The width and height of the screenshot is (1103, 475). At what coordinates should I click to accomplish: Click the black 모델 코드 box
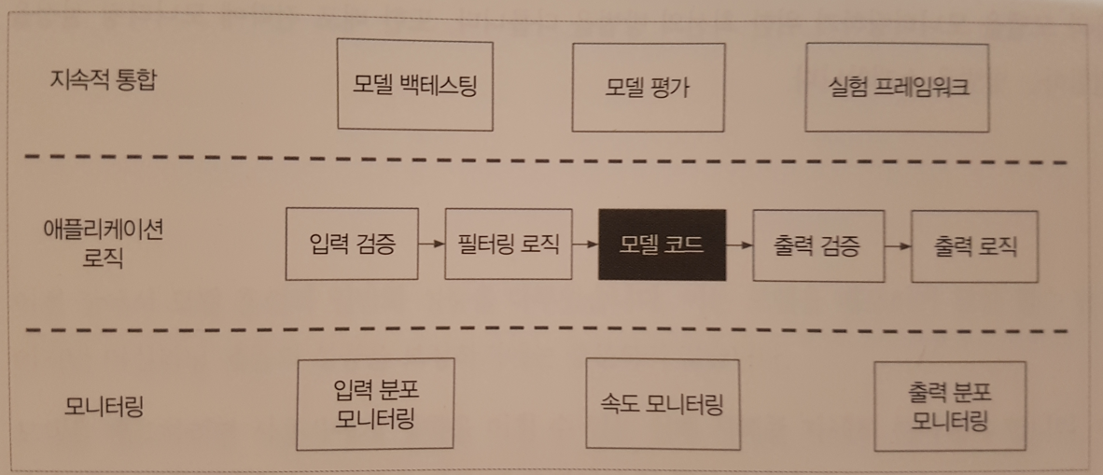(x=661, y=245)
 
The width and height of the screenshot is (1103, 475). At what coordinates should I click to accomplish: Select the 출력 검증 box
(x=817, y=245)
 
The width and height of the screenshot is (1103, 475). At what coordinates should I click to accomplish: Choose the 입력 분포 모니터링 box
(x=375, y=402)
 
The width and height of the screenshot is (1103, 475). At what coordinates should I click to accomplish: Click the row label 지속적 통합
(x=104, y=80)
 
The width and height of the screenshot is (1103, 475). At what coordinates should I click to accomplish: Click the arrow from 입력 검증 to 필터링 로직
(x=430, y=245)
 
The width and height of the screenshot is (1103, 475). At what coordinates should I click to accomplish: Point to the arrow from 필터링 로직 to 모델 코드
(x=584, y=245)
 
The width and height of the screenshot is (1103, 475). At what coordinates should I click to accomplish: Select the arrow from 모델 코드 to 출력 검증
(x=738, y=245)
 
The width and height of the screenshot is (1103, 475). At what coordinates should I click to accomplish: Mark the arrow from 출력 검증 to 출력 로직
(x=897, y=246)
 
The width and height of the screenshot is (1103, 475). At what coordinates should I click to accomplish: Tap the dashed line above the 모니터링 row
(x=551, y=330)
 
